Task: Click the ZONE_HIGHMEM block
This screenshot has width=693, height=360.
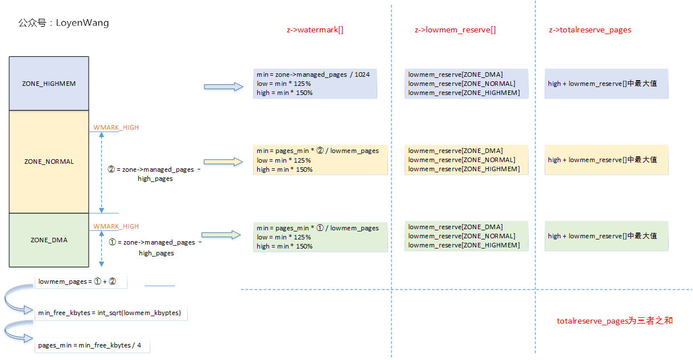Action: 49,84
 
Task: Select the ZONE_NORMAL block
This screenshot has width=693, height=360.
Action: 49,162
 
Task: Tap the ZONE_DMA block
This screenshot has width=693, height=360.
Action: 49,240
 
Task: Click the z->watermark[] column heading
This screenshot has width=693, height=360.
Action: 315,30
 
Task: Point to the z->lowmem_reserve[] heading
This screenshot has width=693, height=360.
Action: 455,30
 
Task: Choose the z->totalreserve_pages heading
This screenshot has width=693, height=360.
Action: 590,30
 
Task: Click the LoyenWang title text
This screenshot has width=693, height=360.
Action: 63,23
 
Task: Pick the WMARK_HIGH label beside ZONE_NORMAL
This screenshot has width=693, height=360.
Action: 116,127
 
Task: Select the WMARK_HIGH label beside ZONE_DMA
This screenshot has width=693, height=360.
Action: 116,226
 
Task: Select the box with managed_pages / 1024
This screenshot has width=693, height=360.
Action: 315,84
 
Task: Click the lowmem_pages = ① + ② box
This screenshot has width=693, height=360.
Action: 80,282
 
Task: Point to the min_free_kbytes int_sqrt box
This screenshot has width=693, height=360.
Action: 111,313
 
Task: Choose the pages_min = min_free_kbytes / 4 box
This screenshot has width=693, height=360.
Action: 92,345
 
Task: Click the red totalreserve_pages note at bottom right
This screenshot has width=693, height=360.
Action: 614,321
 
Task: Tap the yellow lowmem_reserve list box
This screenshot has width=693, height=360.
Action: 465,160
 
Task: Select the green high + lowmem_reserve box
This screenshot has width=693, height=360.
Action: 606,236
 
